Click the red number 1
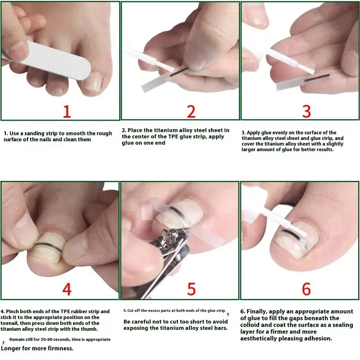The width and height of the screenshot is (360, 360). (x=67, y=111)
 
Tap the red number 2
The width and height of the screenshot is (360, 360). (x=191, y=111)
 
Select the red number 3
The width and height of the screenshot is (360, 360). (x=306, y=111)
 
